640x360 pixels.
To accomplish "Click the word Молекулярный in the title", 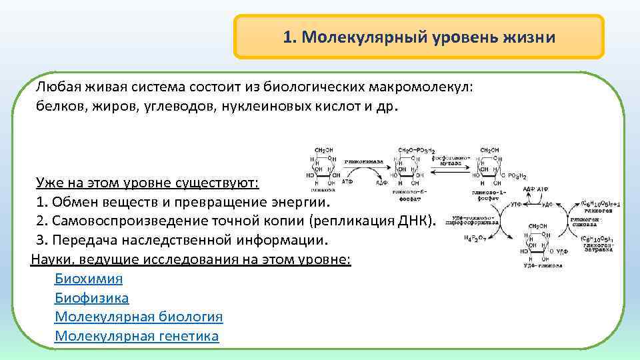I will pos(363,37).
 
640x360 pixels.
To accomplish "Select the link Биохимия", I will pos(88,279).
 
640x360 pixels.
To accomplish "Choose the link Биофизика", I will pos(91,298).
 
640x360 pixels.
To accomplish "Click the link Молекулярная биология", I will pos(139,317).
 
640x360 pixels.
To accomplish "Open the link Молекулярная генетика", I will pos(137,336).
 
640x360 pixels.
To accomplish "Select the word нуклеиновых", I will pos(263,107).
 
